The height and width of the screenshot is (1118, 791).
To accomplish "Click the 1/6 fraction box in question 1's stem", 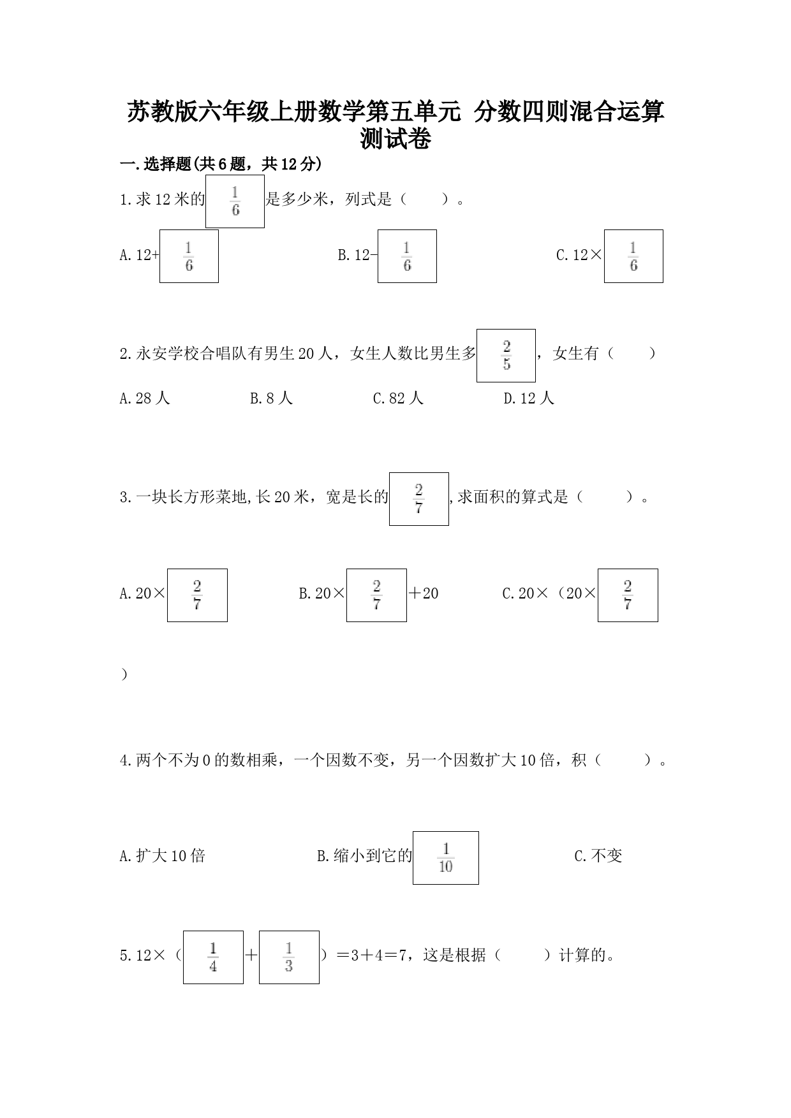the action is coord(235,201).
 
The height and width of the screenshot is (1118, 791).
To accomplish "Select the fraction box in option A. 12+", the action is coord(189,256).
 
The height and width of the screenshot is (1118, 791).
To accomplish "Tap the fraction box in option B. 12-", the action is coord(407,256).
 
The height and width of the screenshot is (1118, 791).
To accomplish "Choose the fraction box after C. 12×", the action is coord(633,256).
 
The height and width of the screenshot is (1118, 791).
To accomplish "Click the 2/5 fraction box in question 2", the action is coord(506,356).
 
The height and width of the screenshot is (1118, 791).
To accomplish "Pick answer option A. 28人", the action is coord(145,398).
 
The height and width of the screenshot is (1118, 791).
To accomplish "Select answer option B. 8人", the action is coord(271,398).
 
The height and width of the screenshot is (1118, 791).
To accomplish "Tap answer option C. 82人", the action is coord(398,398).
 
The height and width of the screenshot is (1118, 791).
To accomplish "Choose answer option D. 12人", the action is coord(529,398).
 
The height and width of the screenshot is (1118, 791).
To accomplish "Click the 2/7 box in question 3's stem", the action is coord(419,499).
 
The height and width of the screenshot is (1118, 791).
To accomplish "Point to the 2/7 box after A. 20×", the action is coord(197,595).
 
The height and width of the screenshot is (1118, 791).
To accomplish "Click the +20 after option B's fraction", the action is coord(424,593).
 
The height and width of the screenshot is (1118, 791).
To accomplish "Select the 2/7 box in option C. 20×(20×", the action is coord(628,595).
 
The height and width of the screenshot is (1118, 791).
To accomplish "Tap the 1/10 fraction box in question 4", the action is coord(446,858).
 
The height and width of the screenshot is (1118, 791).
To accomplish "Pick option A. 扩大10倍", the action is coord(163,856).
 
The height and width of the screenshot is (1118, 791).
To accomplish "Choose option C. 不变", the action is coord(598,856).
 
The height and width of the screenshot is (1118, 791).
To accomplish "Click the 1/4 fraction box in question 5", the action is coord(213,957).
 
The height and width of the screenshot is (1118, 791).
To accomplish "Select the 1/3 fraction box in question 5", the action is coord(289,957).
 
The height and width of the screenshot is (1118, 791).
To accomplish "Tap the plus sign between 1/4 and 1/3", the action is coord(251,955).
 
